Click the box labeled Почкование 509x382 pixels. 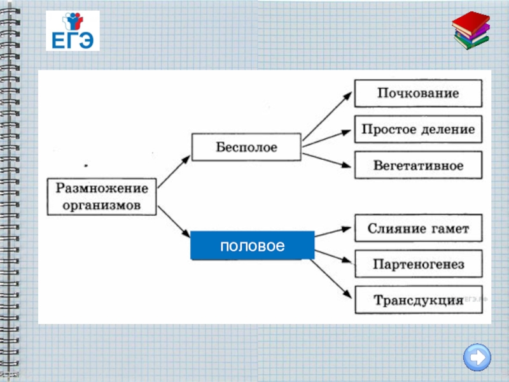click(418, 93)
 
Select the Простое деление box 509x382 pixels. click(418, 129)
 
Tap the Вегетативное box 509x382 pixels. click(418, 165)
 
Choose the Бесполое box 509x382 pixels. click(246, 147)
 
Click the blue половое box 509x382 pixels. click(253, 245)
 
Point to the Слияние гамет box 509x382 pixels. click(418, 229)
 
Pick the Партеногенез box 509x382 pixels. click(418, 264)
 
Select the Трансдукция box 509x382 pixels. click(418, 299)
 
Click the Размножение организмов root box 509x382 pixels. click(102, 196)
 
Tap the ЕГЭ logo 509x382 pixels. click(73, 31)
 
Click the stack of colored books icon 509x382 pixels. click(471, 32)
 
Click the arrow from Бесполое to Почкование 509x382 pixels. click(327, 115)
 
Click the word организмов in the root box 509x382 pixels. click(102, 205)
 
